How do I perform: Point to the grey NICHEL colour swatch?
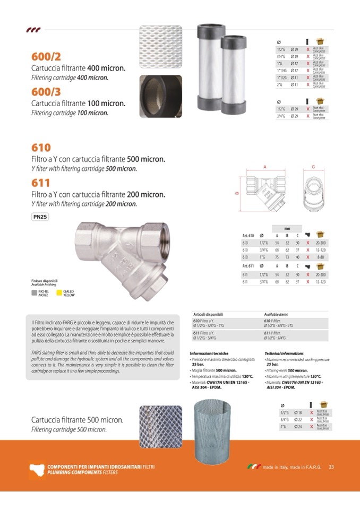35,292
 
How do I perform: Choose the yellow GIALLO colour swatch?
59,292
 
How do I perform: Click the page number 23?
331,468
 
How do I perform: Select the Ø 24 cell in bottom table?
298,426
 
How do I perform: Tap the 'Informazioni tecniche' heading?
209,353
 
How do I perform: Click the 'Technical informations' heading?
284,353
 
